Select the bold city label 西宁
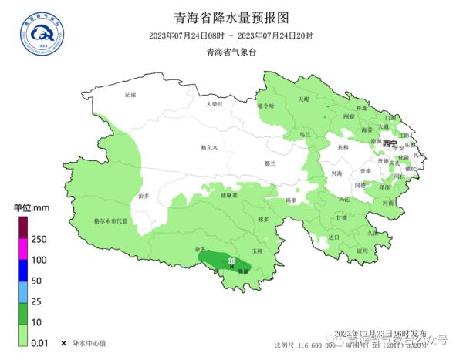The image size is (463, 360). coord(389,144)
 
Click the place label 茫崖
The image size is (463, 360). coord(130,94)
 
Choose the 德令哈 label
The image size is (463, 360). coord(265,106)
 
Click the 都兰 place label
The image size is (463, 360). coord(269,163)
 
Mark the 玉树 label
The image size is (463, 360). coord(258,251)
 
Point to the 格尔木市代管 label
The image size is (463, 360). coord(110,220)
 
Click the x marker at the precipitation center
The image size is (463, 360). coord(231,267)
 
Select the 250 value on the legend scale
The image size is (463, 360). coord(40,239)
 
